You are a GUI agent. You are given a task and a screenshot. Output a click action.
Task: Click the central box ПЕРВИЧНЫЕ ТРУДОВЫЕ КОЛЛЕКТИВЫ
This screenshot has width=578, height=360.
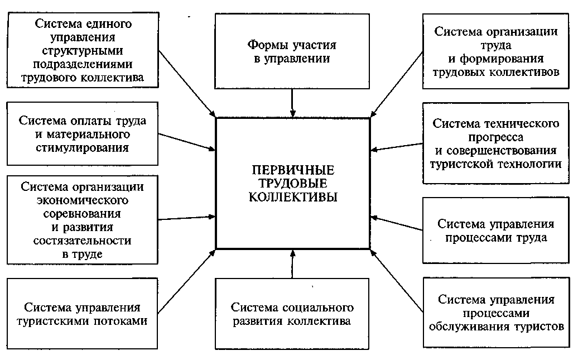point(293,183)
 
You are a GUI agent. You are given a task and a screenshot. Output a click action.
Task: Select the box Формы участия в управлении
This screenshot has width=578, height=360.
point(292,51)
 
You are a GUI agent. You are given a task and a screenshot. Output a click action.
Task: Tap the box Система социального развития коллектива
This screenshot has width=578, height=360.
point(292,314)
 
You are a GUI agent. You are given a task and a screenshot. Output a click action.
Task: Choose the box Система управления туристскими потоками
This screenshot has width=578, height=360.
point(82,314)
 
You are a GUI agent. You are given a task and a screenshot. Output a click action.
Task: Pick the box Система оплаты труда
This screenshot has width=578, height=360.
point(83,133)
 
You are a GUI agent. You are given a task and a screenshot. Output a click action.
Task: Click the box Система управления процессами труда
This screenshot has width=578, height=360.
point(496,230)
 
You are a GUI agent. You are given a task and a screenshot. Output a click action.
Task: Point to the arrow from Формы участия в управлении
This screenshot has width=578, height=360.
point(293,103)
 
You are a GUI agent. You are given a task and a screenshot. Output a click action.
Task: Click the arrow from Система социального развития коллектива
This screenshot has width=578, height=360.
point(293,264)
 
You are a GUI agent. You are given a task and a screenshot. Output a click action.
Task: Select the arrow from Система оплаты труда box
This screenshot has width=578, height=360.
point(186,142)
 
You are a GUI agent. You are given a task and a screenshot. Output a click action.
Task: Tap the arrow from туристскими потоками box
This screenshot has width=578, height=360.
point(186,282)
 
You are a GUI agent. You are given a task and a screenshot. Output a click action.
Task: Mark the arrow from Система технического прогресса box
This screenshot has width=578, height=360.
point(397,147)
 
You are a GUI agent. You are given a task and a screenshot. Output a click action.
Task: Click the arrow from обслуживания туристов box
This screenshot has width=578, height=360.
point(397,281)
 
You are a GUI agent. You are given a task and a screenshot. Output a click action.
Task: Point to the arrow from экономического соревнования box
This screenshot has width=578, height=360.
point(186,218)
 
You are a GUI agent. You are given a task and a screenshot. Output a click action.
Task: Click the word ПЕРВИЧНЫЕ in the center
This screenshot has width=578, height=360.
point(293,170)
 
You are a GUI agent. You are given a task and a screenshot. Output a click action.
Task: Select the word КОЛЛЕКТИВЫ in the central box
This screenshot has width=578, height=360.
point(293,197)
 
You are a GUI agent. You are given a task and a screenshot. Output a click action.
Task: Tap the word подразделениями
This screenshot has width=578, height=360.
point(83,65)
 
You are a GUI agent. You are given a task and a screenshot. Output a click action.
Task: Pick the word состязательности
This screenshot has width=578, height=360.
point(82,241)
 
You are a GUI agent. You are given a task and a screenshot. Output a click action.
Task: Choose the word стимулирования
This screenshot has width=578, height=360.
point(82,148)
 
